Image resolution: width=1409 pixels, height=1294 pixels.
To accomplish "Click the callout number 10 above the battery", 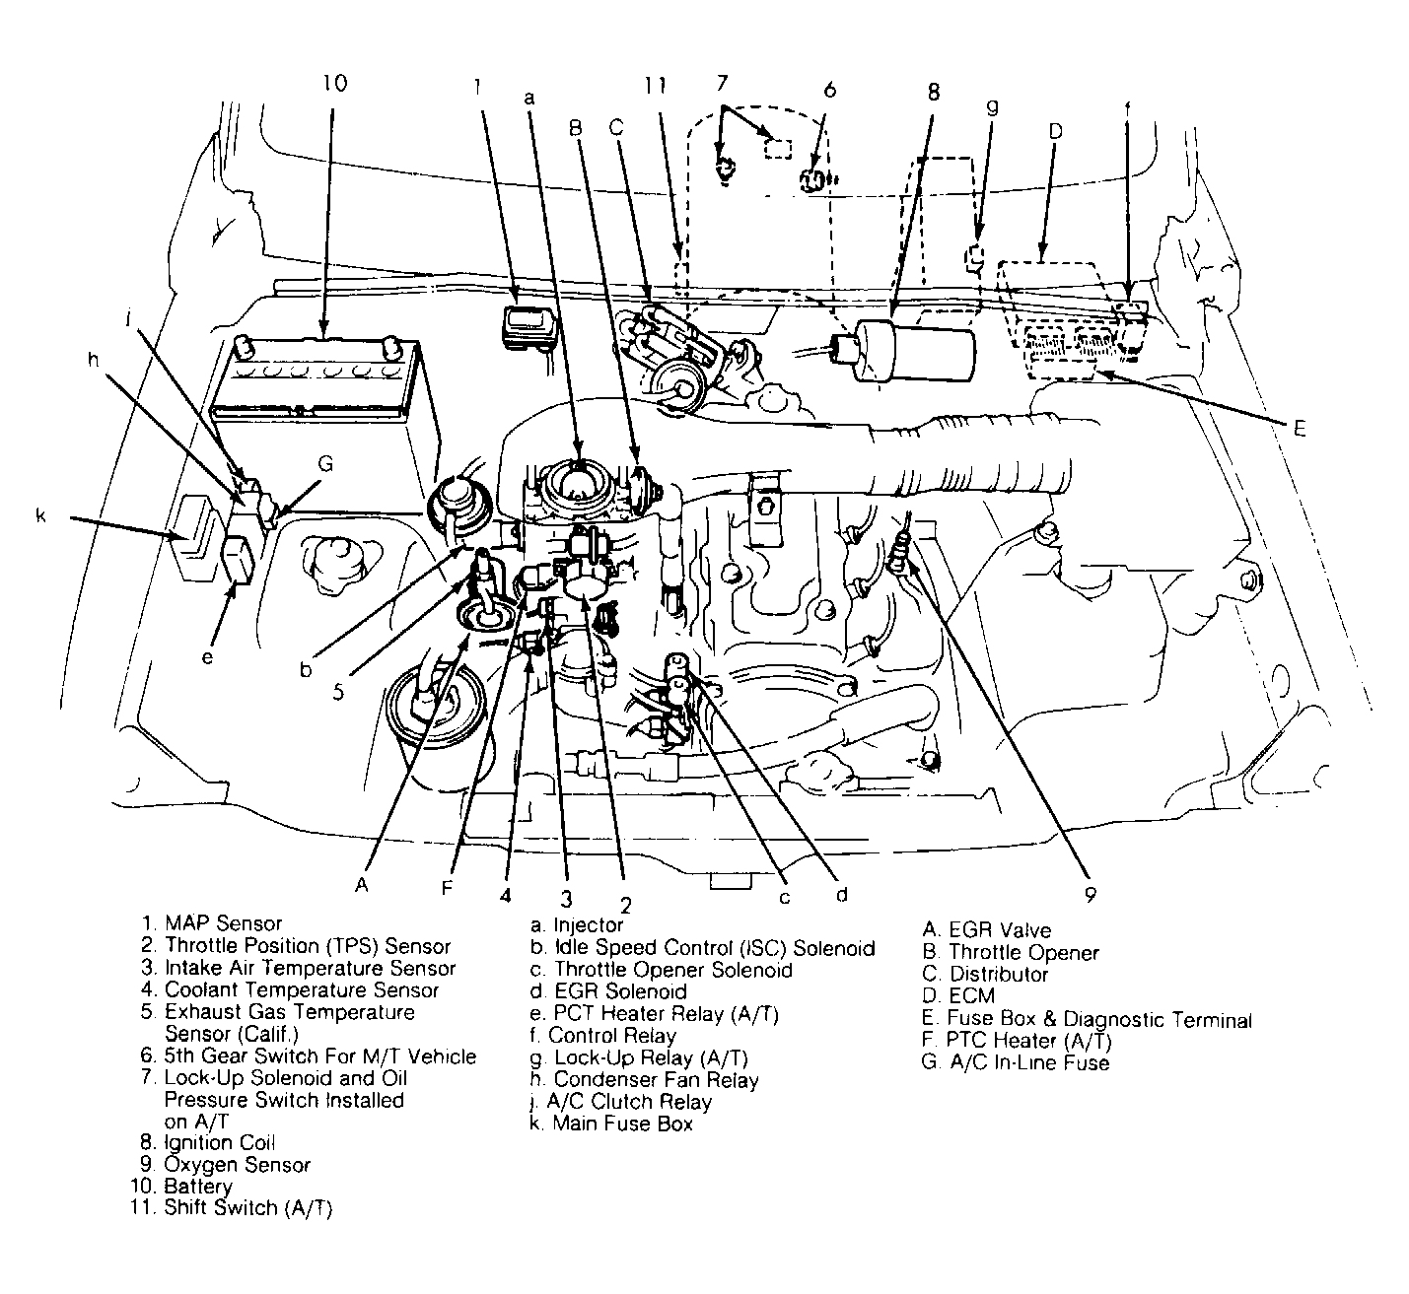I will coord(334,83).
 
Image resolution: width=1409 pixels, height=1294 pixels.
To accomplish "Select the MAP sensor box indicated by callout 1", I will coord(528,326).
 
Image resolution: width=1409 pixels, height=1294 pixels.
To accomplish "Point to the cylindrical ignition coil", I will coord(912,352).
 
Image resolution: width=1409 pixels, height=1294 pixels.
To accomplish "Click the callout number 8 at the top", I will coord(933,93).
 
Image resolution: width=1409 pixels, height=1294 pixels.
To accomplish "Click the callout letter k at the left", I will coord(41,515).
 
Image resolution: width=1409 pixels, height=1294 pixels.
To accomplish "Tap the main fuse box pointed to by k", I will coord(196,540).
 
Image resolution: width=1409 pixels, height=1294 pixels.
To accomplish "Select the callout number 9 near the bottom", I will coord(1090,895).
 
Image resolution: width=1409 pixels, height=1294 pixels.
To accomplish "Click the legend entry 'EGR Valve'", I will coord(999,929).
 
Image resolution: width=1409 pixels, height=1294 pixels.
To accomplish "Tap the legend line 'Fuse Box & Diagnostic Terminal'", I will coord(1098,1019).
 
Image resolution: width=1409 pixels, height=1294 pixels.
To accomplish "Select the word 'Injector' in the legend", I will coord(589,924).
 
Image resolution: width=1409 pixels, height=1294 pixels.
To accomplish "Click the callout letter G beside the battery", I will coord(325,463).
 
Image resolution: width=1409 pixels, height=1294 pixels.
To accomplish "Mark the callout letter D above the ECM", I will coord(1055,131).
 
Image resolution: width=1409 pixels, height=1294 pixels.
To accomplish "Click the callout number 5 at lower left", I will coord(338,692).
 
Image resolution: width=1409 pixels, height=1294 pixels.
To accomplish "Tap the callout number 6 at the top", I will coord(829,90).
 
